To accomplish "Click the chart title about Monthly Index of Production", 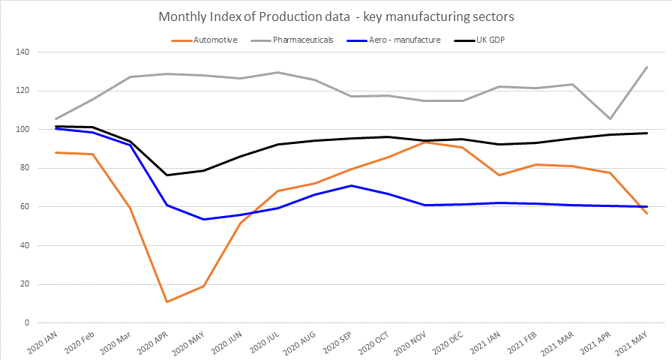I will pos(335,17).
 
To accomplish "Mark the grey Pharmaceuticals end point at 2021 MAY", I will pos(647,67).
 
